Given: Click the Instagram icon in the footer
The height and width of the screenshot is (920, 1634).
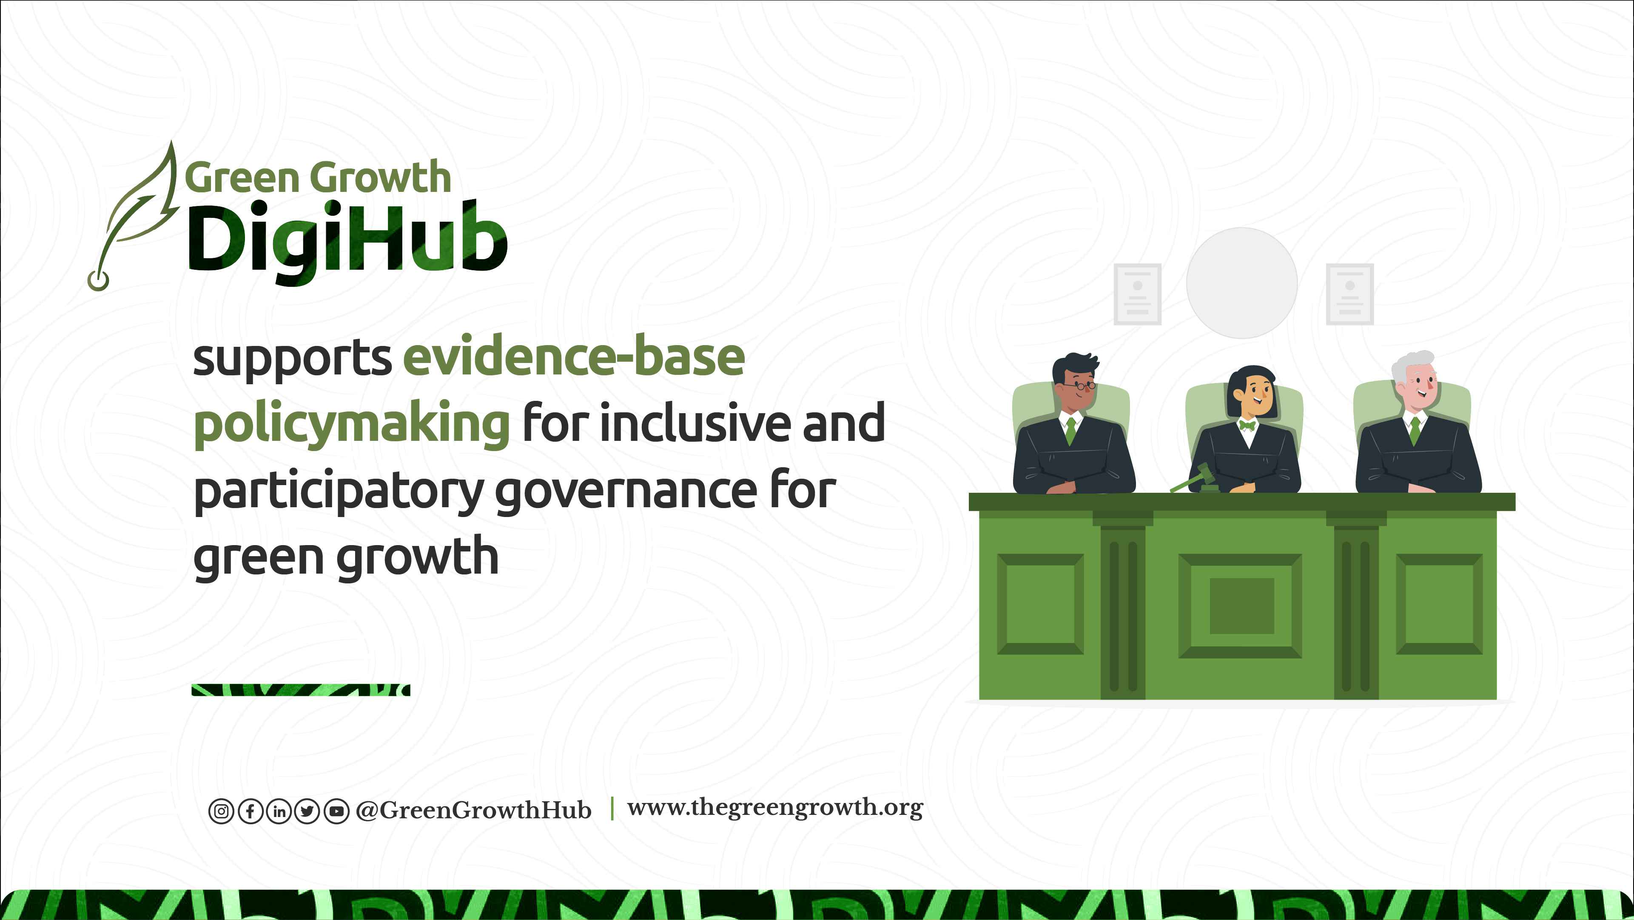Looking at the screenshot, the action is pos(221,811).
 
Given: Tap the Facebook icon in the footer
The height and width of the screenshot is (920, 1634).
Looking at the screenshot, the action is pos(250,811).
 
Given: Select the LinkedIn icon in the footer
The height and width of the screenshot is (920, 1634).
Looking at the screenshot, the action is pos(279,811).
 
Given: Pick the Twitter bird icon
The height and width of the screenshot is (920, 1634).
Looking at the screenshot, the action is pos(307,811).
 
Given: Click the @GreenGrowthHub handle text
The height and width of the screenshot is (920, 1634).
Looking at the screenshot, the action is pos(474,810).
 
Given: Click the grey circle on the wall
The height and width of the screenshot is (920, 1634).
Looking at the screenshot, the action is pos(1242,283).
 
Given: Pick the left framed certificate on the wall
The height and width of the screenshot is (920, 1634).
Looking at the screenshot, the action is pos(1137,294).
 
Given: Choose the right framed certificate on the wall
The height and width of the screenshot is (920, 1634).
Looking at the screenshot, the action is pos(1350,294).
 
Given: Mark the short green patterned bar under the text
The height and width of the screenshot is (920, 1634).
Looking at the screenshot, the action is pos(301,690).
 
